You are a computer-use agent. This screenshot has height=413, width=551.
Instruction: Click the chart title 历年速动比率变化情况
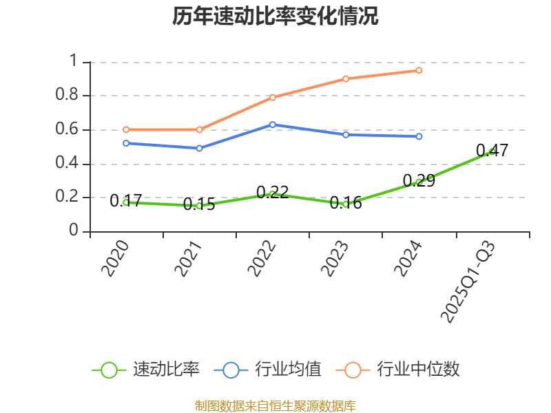coord(275,17)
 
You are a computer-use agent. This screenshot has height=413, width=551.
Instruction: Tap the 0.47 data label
coord(492,150)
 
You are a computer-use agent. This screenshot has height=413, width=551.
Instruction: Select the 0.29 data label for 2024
coord(419,181)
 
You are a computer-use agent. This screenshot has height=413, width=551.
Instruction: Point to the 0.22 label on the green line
coord(272,192)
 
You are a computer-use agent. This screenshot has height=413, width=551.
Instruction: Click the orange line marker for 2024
coord(419,70)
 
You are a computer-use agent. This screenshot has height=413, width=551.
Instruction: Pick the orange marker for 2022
coord(273,97)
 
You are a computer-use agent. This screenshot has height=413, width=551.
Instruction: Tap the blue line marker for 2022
coord(273,125)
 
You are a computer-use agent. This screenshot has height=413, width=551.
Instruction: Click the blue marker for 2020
coord(126,143)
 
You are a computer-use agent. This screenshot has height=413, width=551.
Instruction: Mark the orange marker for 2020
coord(126,129)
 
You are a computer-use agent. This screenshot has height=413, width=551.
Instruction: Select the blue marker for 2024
coord(419,136)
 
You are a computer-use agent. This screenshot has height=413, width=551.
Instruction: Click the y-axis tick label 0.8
coord(67,95)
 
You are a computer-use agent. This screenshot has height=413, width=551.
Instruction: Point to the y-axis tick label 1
coord(75,61)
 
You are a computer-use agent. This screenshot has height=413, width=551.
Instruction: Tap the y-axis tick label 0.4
coord(67,164)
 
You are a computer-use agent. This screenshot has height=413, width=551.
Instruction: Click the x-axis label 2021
coord(188,260)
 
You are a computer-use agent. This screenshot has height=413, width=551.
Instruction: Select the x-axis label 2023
coord(334,260)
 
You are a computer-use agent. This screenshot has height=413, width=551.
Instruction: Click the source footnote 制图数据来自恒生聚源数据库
coord(275,405)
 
